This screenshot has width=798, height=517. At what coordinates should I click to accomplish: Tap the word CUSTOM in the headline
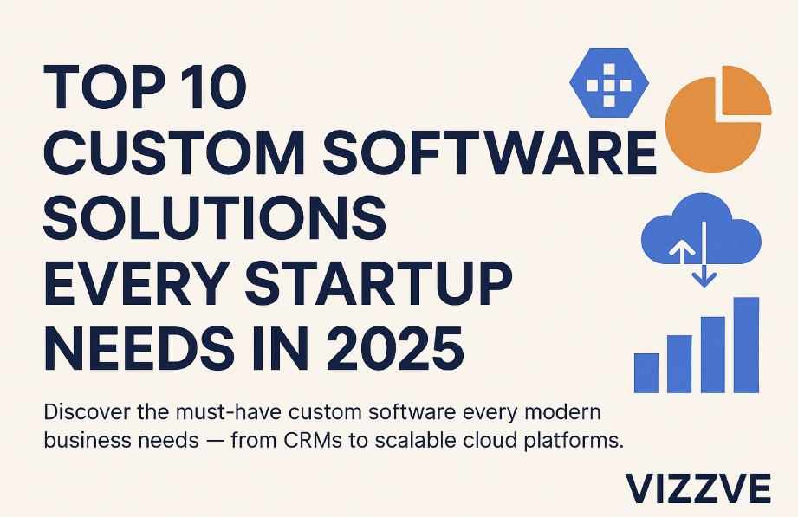coord(174,152)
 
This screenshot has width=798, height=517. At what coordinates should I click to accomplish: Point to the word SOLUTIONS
coord(215,218)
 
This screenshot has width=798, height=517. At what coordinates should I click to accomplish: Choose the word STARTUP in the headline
coord(378,283)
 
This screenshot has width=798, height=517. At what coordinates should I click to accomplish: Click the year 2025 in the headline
coord(395,350)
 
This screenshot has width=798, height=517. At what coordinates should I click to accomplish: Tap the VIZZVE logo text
coord(698,488)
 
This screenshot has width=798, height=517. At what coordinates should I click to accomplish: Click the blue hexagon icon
coord(608,83)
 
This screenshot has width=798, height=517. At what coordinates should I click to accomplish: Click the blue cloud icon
coord(701,230)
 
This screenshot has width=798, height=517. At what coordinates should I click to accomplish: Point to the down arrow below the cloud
coord(704,255)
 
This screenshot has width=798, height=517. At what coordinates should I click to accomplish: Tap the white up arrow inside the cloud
coord(681,251)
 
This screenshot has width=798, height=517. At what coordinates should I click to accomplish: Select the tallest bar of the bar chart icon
coord(746,345)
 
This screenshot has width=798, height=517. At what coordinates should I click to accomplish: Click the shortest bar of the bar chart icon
coord(646,373)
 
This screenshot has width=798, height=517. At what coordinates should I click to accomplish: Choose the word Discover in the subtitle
coord(87,411)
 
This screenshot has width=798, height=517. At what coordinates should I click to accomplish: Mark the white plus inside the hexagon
coord(608,85)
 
